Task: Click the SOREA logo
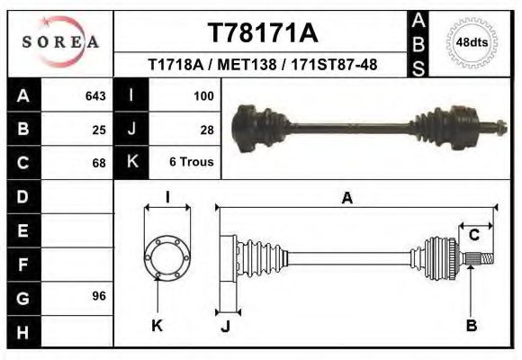[60, 42]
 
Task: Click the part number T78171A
[263, 33]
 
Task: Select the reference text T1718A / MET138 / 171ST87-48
[263, 66]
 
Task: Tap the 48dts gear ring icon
[473, 41]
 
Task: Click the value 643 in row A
[94, 95]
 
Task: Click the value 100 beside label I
[202, 95]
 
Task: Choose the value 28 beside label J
[206, 129]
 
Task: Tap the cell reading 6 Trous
[191, 163]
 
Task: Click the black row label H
[22, 331]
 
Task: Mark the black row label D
[22, 195]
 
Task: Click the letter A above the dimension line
[346, 199]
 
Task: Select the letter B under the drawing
[471, 325]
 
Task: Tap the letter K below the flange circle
[157, 325]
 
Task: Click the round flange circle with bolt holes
[167, 257]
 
